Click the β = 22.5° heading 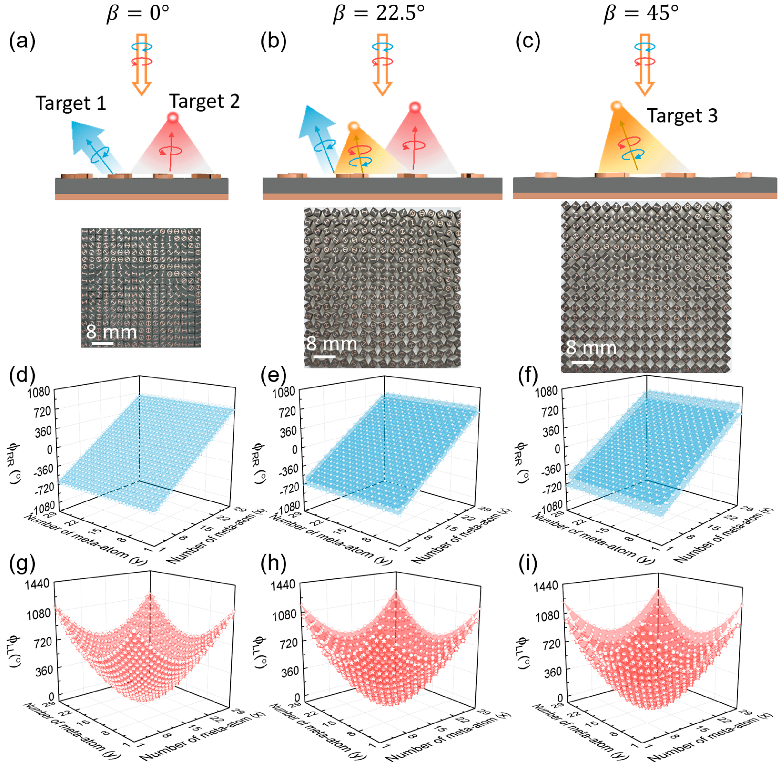click(x=379, y=13)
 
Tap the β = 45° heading click(x=641, y=13)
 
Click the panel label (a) click(x=22, y=41)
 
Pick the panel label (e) click(x=273, y=376)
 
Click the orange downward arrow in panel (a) click(x=141, y=65)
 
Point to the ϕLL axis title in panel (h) click(x=261, y=652)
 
